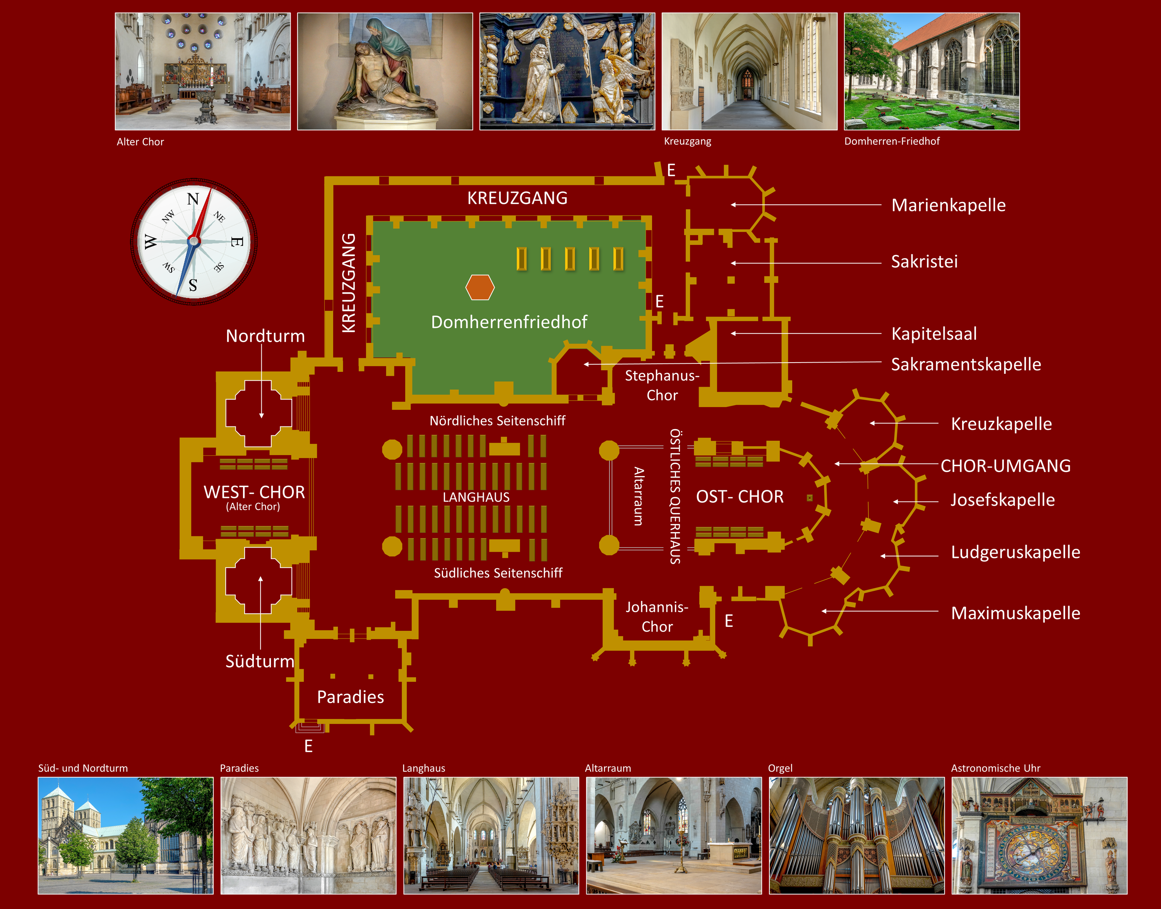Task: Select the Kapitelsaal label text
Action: pyautogui.click(x=934, y=334)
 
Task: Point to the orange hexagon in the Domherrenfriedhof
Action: pyautogui.click(x=479, y=288)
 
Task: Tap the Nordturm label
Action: pyautogui.click(x=265, y=336)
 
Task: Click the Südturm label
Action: pyautogui.click(x=260, y=661)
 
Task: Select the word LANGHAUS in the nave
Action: pyautogui.click(x=476, y=497)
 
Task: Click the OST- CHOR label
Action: pyautogui.click(x=740, y=496)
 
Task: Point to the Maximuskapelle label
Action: pyautogui.click(x=1015, y=613)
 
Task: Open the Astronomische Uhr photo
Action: pyautogui.click(x=1039, y=835)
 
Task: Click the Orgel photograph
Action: pyautogui.click(x=856, y=835)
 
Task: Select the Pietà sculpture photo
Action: pyautogui.click(x=384, y=71)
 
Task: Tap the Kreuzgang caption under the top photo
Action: pyautogui.click(x=687, y=141)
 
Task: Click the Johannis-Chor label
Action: pyautogui.click(x=657, y=617)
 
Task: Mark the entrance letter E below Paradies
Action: pyautogui.click(x=308, y=746)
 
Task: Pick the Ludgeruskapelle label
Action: pyautogui.click(x=1015, y=552)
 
